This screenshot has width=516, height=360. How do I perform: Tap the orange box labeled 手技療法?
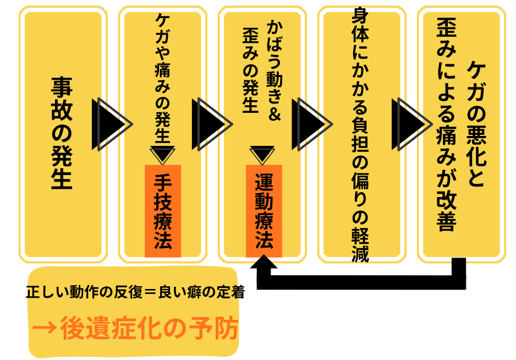point(163,211)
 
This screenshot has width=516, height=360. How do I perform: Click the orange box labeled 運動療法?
point(264,211)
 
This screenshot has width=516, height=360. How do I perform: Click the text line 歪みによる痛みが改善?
point(446,124)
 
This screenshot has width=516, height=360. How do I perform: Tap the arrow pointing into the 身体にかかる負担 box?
point(311,124)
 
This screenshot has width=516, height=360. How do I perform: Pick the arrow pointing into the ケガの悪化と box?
point(411,124)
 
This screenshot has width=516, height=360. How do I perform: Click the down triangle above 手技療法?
point(163,154)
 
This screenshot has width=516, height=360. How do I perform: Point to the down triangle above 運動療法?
point(262,154)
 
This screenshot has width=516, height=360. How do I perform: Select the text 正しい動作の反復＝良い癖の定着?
point(135,292)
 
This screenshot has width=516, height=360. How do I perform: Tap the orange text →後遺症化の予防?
point(135,329)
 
